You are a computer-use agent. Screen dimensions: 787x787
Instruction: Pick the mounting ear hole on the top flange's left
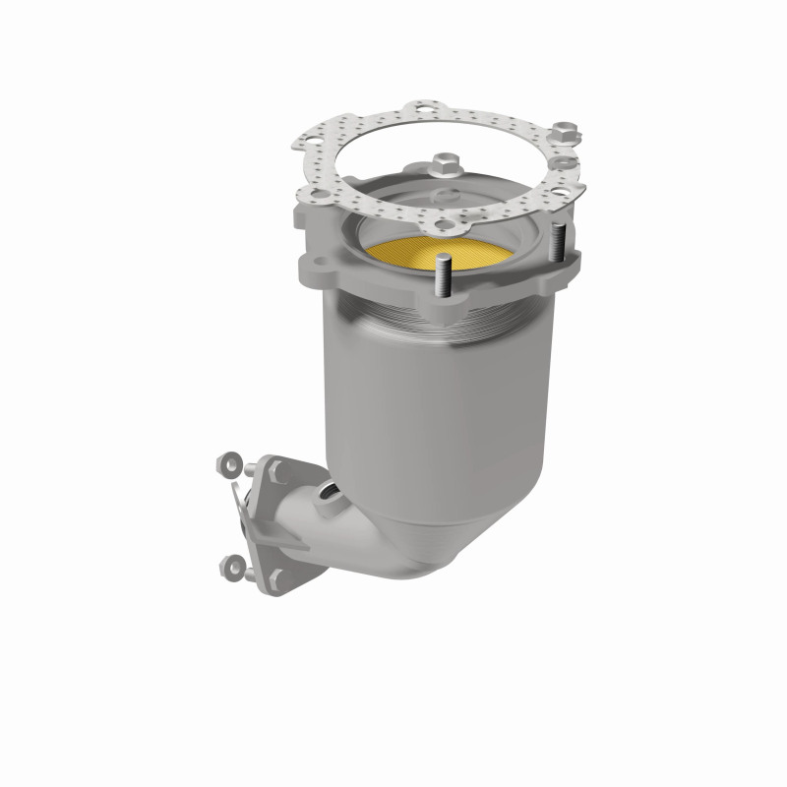[x=317, y=267]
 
